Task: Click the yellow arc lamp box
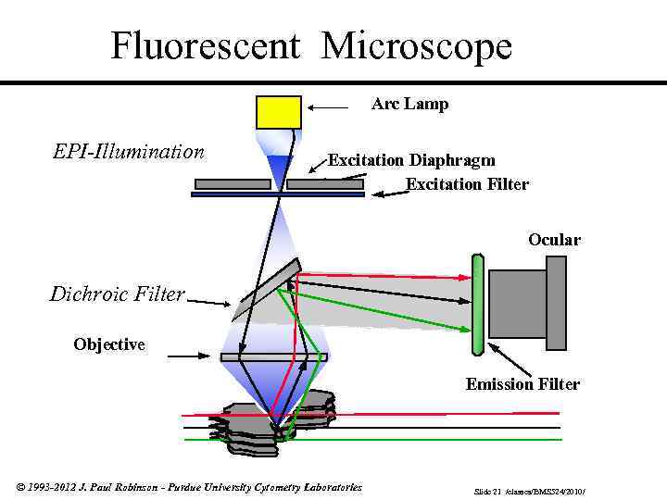pos(278,112)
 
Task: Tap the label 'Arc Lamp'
pos(409,104)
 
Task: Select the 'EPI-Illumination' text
pos(128,151)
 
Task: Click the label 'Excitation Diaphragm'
pos(411,160)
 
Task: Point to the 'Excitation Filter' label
pos(467,183)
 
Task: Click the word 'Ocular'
pos(554,240)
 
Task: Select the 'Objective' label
pos(109,344)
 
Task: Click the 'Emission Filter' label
pos(522,383)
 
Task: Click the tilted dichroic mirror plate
pos(266,291)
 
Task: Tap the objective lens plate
pos(273,356)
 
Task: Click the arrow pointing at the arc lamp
pos(329,108)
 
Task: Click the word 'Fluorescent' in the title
pos(207,46)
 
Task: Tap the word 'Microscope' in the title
pos(417,46)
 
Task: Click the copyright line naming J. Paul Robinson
pos(189,487)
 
